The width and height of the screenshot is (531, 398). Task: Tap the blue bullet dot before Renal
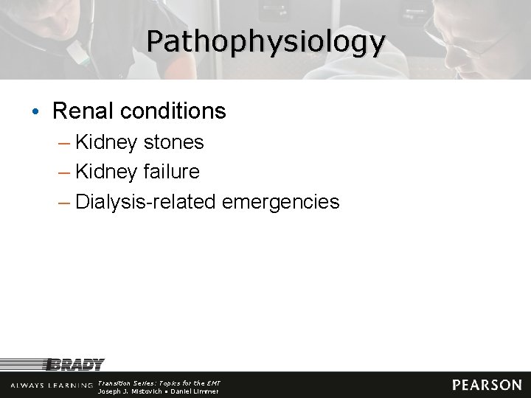pyautogui.click(x=36, y=112)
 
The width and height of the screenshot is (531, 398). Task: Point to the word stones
pyautogui.click(x=174, y=142)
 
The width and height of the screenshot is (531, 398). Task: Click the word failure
pyautogui.click(x=173, y=172)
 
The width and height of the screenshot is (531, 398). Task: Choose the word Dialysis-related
pyautogui.click(x=145, y=201)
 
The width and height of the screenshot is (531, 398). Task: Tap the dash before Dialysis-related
pyautogui.click(x=65, y=202)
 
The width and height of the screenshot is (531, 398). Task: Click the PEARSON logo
pyautogui.click(x=487, y=385)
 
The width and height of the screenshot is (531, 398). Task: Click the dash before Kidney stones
pyautogui.click(x=65, y=142)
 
